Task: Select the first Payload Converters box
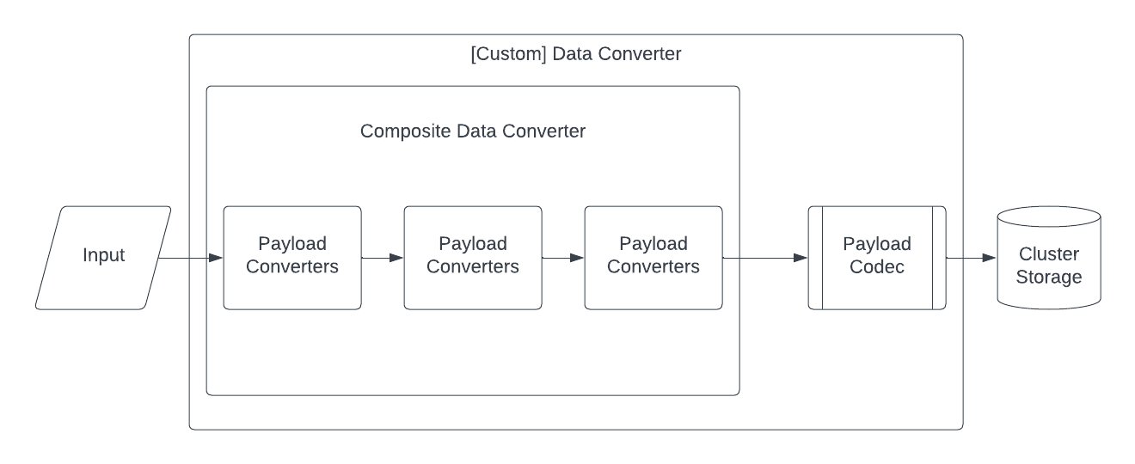click(292, 258)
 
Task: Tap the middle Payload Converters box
click(473, 258)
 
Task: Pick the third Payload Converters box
click(653, 258)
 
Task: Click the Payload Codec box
click(877, 258)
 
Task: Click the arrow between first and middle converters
click(383, 257)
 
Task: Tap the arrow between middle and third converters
click(563, 257)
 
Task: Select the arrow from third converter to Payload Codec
click(765, 258)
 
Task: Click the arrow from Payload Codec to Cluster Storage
click(972, 258)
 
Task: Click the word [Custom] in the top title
click(508, 54)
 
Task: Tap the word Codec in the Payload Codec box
click(877, 267)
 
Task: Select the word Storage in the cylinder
click(1049, 278)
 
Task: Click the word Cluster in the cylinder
click(1049, 254)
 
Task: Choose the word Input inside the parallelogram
click(103, 255)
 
